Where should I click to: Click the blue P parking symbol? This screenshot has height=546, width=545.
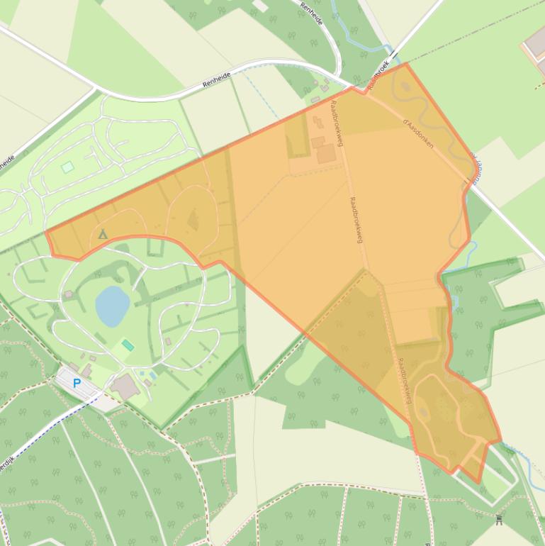77,384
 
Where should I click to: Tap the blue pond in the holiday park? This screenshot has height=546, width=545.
112,306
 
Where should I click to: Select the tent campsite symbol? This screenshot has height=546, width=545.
103,234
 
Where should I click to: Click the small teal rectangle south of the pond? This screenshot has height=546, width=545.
128,345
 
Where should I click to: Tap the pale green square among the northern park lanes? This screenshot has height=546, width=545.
67,167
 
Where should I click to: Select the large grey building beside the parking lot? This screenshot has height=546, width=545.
125,386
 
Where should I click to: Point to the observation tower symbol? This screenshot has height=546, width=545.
500,521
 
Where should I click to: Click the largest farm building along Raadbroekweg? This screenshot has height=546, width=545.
326,153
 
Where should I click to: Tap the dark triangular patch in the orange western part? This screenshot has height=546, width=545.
193,221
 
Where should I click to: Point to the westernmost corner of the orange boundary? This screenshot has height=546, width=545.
46,232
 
